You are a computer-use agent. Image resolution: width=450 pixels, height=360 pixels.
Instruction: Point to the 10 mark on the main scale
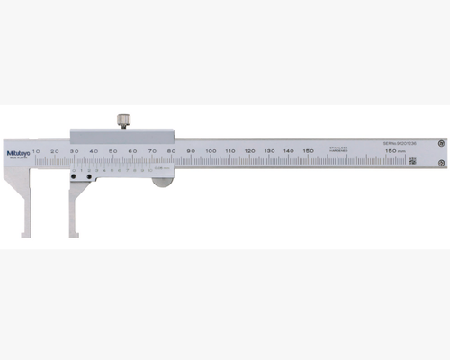click(36, 149)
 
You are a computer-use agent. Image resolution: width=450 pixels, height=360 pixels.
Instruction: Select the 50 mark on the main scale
click(113, 149)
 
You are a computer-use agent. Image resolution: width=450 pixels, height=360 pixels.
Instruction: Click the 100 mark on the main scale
click(211, 149)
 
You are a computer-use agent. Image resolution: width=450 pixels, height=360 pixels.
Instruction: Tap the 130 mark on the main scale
click(269, 149)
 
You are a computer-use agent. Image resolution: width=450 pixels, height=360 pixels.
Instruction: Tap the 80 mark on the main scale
click(172, 149)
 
